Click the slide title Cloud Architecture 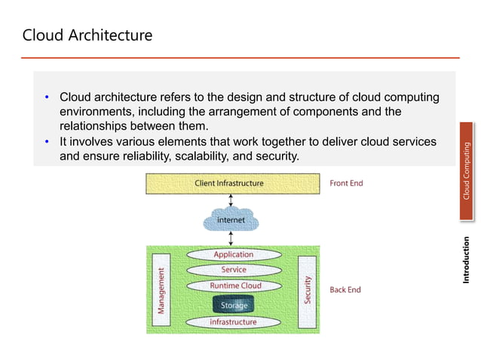[x=87, y=35]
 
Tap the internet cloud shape [x=231, y=220]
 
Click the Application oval [x=233, y=255]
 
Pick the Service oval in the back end [x=233, y=270]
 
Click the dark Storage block [x=234, y=304]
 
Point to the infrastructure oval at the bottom [x=233, y=322]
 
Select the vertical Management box [x=161, y=289]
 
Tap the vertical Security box [x=308, y=289]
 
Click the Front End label [x=346, y=183]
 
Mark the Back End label [x=345, y=289]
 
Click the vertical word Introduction [x=467, y=261]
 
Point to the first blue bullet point [x=47, y=97]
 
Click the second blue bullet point [x=47, y=142]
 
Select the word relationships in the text [x=95, y=126]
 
